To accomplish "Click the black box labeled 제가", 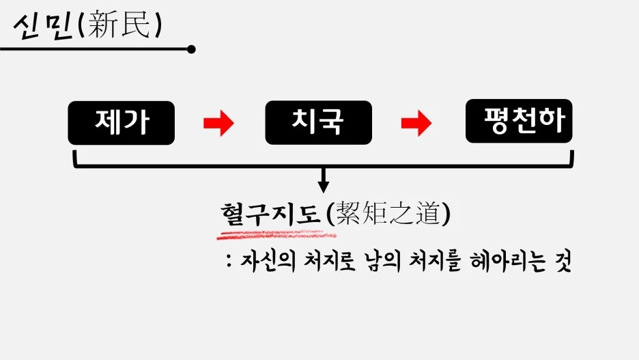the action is point(122,122).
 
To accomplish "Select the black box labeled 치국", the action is point(318,122).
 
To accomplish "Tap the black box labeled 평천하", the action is point(519,121).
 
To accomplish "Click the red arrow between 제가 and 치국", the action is point(218,123).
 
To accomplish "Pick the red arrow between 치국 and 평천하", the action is point(416,123).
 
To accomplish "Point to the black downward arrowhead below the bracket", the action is point(324,185).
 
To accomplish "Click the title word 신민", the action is point(42,26).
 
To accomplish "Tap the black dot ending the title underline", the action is point(191,49).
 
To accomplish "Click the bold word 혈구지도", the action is point(271,214).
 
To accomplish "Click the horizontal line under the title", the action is point(96,49).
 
